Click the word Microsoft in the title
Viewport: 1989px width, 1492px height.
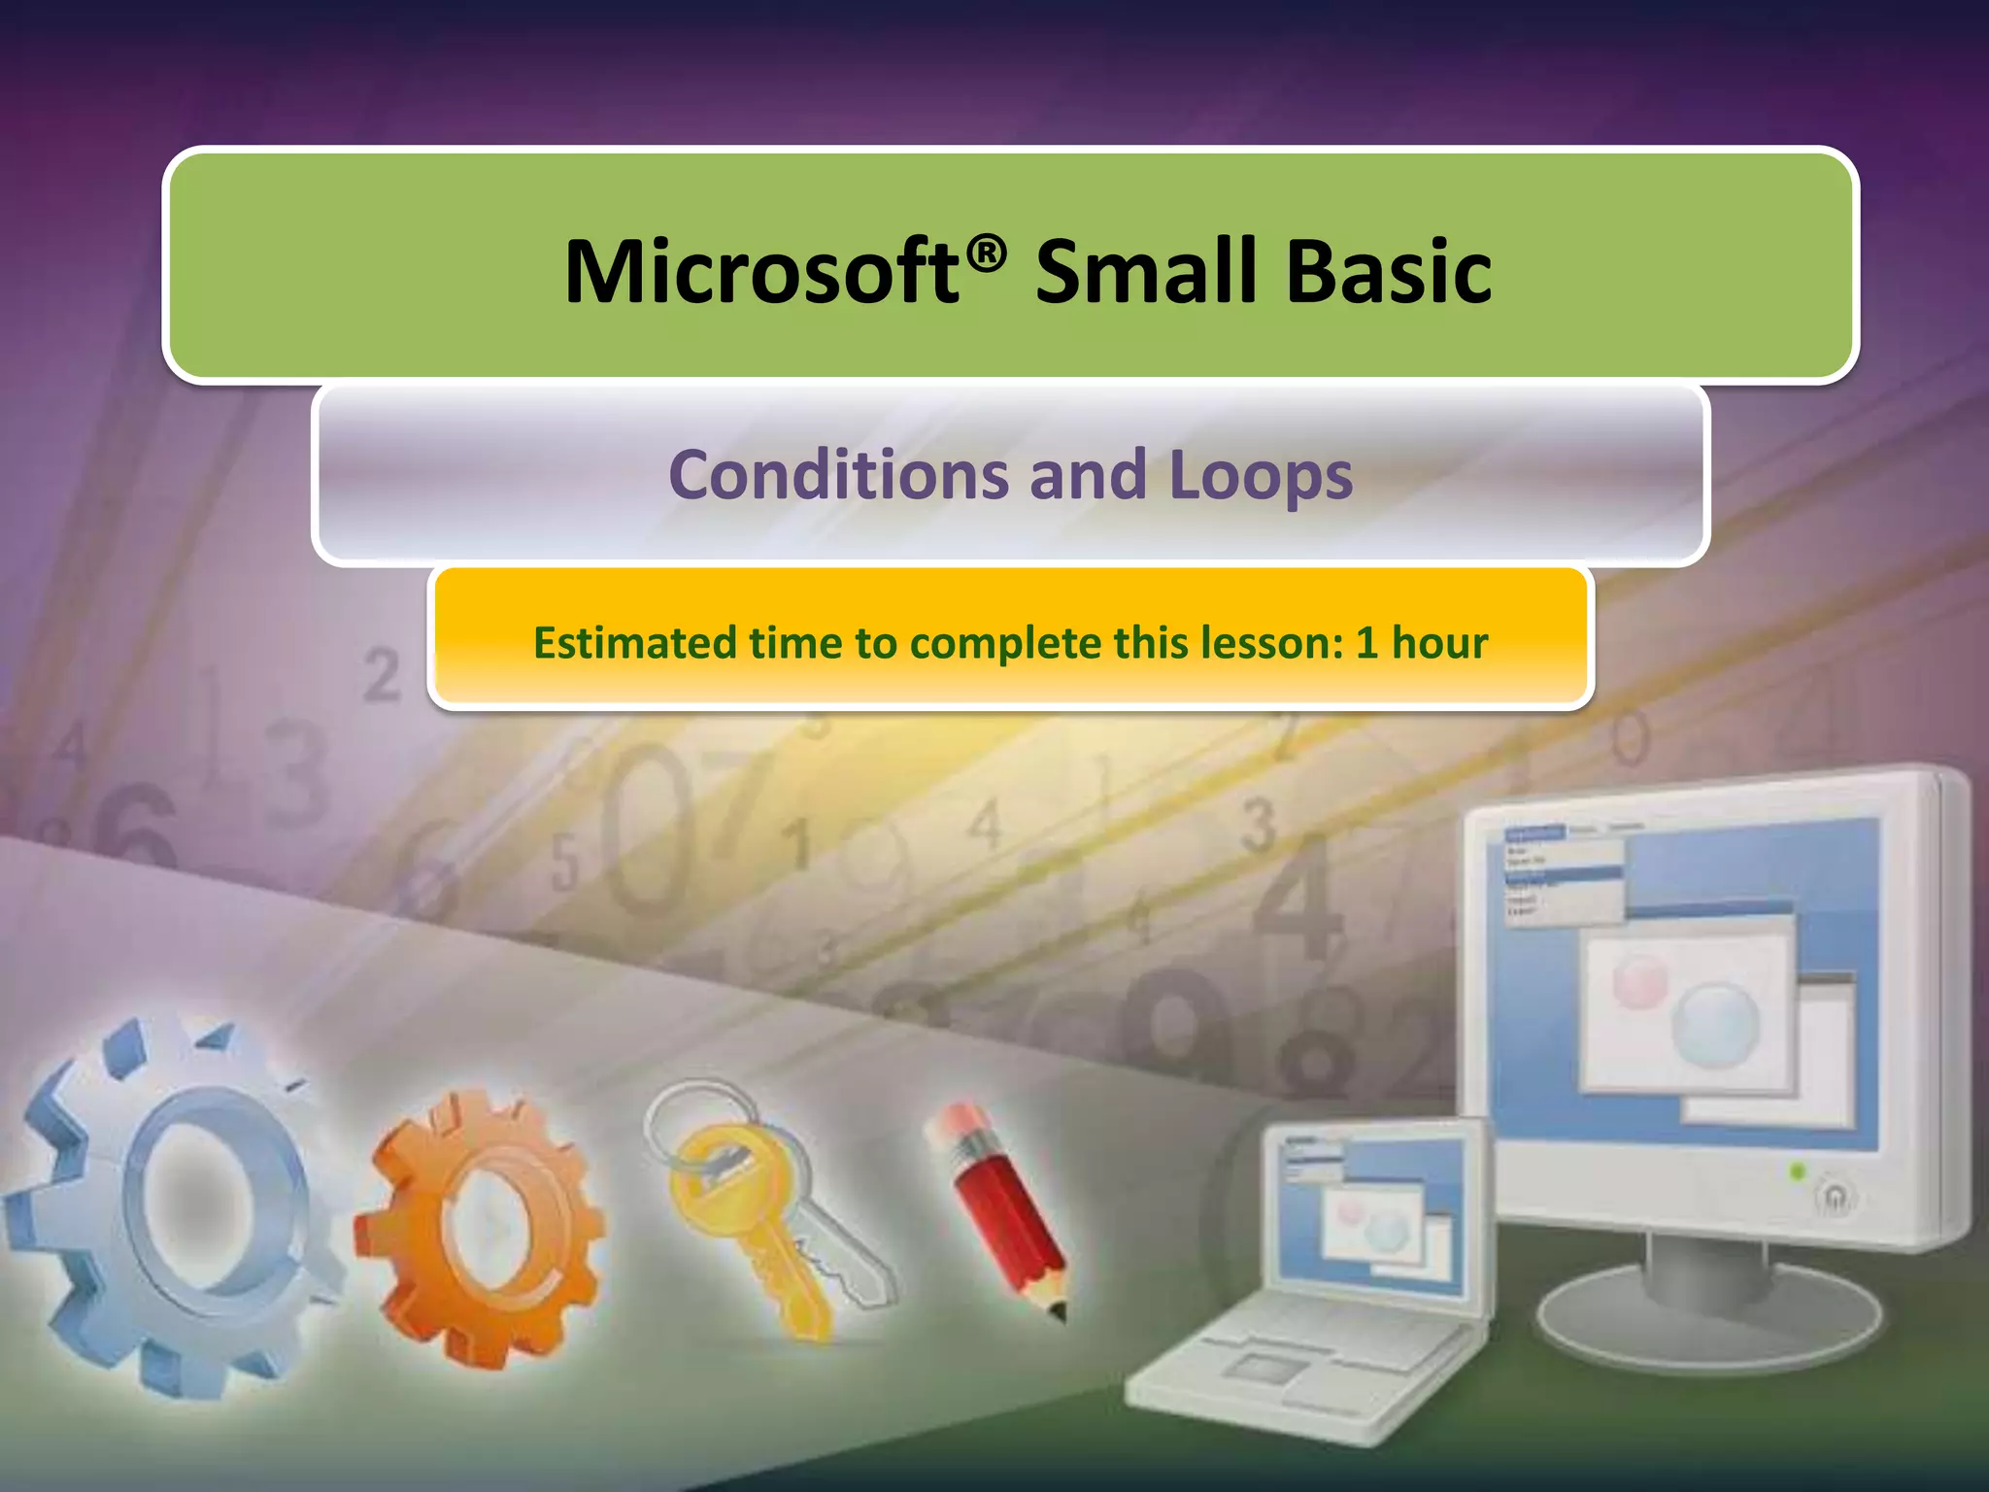[x=760, y=273]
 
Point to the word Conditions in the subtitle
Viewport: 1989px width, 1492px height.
[x=838, y=475]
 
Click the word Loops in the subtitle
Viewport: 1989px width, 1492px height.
[x=1260, y=477]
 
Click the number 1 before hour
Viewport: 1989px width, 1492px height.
[x=1366, y=643]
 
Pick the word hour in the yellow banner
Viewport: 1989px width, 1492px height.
[x=1439, y=643]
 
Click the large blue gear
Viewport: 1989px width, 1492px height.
[x=165, y=1204]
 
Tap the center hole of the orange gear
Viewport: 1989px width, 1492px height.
[x=491, y=1229]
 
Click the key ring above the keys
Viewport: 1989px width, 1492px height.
[x=690, y=1117]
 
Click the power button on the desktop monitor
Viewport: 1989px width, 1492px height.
[x=1835, y=1197]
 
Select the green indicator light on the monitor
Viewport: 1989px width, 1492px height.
[x=1797, y=1172]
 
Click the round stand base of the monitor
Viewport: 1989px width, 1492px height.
[x=1709, y=1321]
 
